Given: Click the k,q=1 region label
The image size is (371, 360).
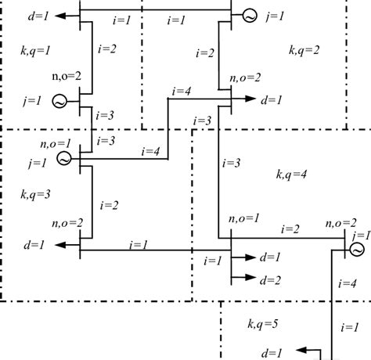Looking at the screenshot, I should click(x=35, y=50).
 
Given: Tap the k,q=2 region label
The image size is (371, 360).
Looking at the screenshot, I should click(x=304, y=51).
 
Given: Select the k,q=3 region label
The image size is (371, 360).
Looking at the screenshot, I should click(x=35, y=192).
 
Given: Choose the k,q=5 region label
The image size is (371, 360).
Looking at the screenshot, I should click(x=262, y=323).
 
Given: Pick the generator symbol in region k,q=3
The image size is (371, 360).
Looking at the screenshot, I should click(x=64, y=158).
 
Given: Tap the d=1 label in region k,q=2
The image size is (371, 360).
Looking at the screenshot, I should click(x=273, y=99).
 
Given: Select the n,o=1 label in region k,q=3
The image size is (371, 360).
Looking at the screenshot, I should click(x=55, y=143).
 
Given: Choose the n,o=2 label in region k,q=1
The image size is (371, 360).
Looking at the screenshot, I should click(x=67, y=77).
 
